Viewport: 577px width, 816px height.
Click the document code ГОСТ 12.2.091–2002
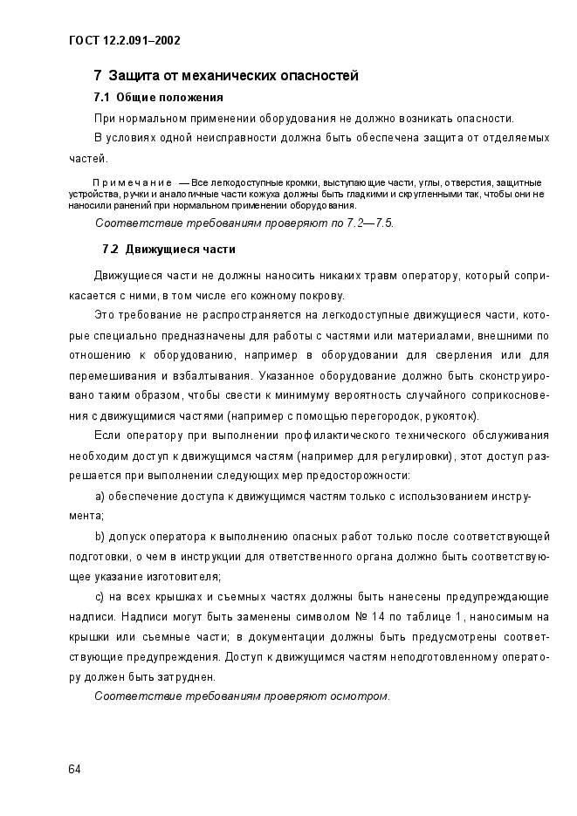[x=123, y=41]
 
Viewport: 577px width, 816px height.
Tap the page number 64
[x=74, y=769]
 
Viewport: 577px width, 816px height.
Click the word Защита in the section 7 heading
[x=133, y=76]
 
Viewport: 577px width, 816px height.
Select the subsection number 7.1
[x=101, y=97]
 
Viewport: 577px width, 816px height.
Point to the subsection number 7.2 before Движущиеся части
[x=111, y=249]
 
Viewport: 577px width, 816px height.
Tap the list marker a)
[x=100, y=497]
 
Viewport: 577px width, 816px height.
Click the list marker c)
[x=100, y=597]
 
